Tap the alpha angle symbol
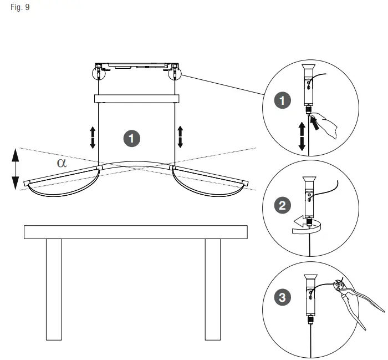(62, 162)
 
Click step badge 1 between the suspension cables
(131, 138)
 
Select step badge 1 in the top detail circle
(283, 100)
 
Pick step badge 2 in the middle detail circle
(283, 206)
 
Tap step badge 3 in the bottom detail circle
(283, 298)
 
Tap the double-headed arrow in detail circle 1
(302, 136)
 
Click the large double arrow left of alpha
(16, 169)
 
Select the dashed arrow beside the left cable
(93, 137)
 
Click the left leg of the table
(54, 289)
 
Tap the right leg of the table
(213, 289)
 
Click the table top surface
(135, 232)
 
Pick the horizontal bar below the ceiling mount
(137, 99)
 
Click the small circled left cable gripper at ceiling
(98, 72)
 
